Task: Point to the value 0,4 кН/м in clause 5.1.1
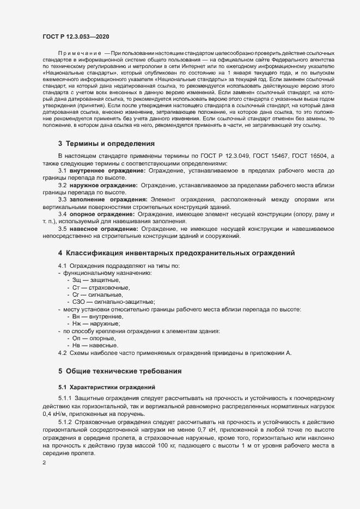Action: coord(57,414)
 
